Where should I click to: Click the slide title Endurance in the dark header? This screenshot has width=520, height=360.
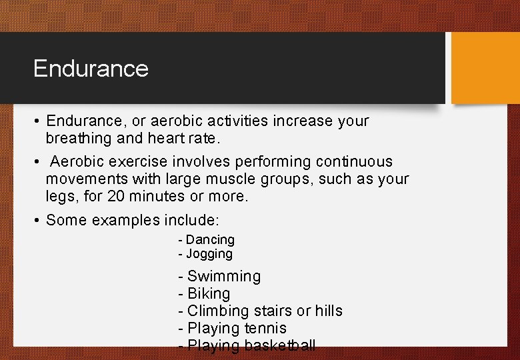point(91,69)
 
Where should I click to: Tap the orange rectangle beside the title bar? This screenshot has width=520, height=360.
point(485,69)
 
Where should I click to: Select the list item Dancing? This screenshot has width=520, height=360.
point(210,239)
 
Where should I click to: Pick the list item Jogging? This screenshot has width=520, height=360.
point(209,254)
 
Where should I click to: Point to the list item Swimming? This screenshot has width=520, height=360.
point(224,276)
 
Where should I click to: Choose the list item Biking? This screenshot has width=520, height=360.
point(209,293)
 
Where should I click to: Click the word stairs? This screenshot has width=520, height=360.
point(270,311)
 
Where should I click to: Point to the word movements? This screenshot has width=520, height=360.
point(89,179)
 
